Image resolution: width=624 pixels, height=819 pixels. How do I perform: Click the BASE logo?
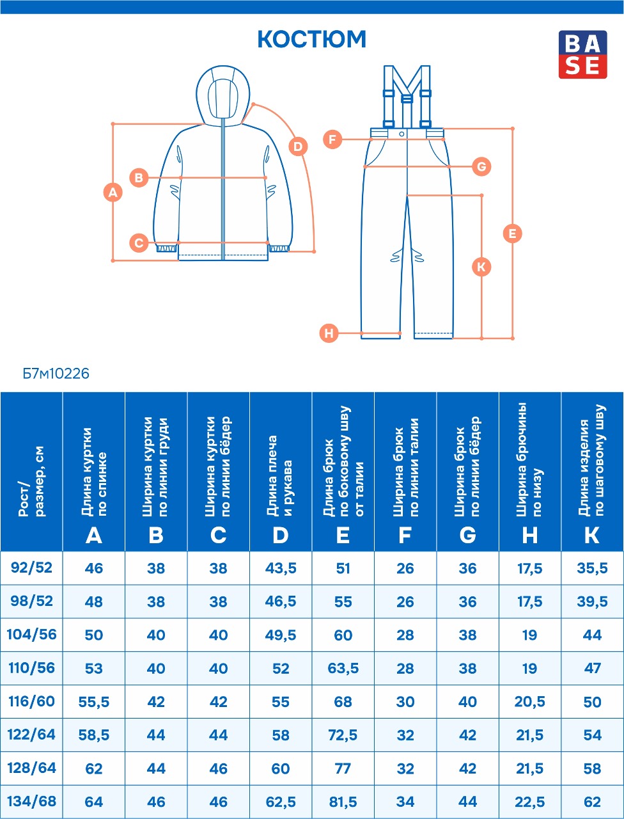pos(582,54)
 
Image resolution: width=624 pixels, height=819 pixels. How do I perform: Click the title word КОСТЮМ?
pos(312,39)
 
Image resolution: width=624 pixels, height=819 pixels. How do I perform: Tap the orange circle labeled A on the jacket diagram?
pos(113,193)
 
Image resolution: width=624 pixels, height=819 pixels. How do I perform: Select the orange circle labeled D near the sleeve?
pos(298,147)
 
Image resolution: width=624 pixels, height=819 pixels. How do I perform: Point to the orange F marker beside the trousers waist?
pos(332,139)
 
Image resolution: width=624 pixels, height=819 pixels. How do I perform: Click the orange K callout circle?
pos(481,267)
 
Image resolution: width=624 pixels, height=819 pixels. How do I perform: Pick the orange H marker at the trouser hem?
pos(329,333)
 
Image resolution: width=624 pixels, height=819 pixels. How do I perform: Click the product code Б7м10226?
pos(56,374)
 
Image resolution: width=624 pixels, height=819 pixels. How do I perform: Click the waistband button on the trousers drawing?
pos(402,134)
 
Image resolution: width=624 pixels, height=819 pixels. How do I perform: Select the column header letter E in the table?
pos(343,535)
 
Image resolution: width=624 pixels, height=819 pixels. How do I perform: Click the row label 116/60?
pos(32,701)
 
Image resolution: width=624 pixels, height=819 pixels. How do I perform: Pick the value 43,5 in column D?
pos(281,568)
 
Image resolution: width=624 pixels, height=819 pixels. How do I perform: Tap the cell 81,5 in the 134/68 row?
pos(343,802)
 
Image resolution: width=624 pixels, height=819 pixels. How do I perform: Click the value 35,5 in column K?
pos(592,568)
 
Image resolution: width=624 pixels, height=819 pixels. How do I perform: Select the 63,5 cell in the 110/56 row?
pos(343,668)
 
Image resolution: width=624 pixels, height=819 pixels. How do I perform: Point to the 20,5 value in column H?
pos(529,701)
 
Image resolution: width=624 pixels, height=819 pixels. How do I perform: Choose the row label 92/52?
pos(32,568)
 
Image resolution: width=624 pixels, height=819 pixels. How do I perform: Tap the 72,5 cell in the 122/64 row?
pos(343,735)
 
